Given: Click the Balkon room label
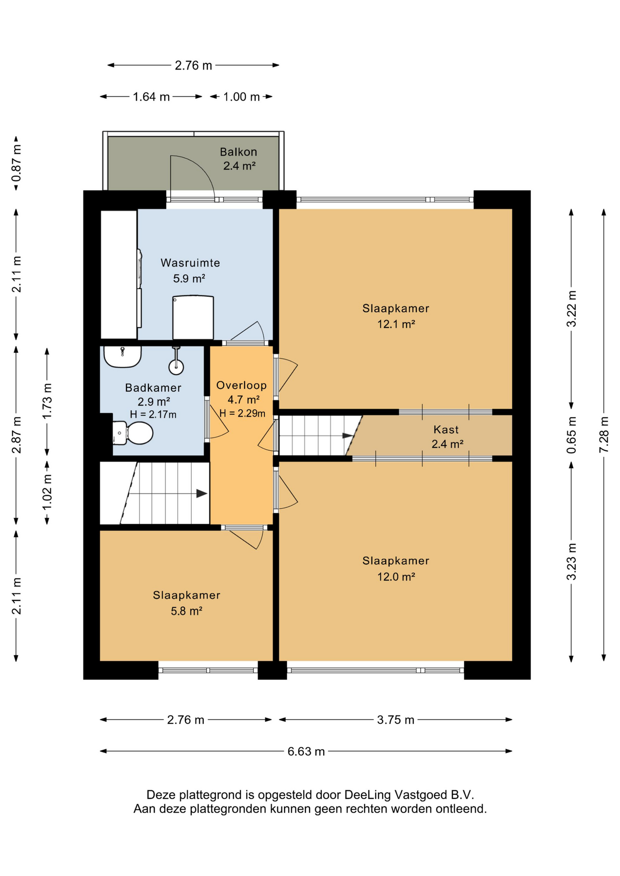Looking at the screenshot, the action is point(238,152).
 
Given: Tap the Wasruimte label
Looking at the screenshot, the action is point(190,263).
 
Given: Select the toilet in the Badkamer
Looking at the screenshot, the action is point(133,433).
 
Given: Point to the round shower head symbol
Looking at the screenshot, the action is point(176,366).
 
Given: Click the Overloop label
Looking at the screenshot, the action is point(242,386).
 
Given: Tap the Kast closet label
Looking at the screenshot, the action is point(446,430).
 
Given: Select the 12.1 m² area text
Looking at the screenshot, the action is point(396,324).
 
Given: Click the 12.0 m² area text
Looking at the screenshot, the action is point(396,577).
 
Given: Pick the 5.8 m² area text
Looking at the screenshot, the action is point(186,611).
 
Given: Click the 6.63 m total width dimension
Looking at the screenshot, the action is point(306,751).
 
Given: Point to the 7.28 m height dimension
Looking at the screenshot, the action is point(604,435).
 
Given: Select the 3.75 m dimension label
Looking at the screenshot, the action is point(395,720).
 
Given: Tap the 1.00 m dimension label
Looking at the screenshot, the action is point(242,97).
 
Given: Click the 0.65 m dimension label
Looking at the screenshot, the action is point(571,435).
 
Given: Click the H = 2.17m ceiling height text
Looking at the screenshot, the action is point(153,415).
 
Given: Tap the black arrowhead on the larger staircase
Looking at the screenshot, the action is point(202,494).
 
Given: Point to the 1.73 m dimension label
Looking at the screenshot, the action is point(47,401).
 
